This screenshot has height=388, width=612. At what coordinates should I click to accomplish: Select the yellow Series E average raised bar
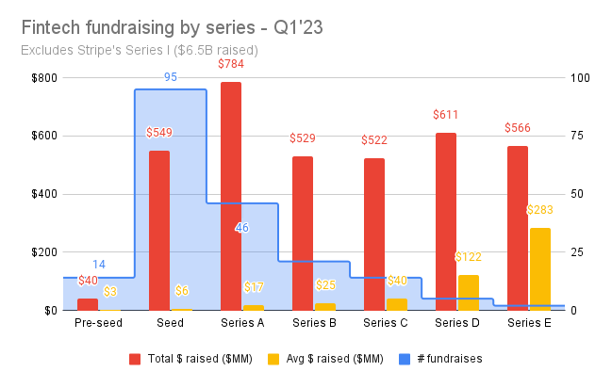(540, 268)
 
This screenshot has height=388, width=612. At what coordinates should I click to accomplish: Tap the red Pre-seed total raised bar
(88, 304)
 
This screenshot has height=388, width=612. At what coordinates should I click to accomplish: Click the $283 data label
(540, 209)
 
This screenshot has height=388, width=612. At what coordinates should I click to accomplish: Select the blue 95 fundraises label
(171, 77)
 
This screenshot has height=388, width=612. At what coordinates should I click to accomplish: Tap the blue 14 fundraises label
(98, 265)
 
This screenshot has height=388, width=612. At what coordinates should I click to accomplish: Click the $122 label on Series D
(469, 257)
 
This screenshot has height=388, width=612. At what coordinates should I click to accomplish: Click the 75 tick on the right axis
(582, 136)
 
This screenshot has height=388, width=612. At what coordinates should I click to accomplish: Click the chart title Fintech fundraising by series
(171, 27)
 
